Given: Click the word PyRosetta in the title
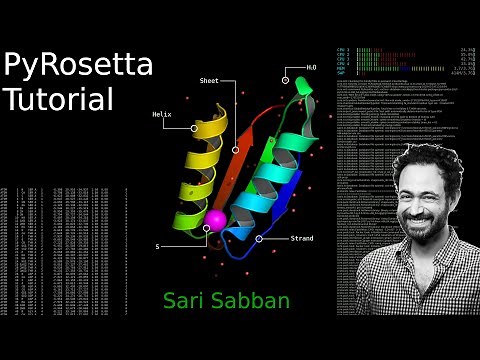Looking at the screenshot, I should point(78,67).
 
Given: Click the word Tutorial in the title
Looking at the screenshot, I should point(59,100).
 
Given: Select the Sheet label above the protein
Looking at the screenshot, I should point(209,80).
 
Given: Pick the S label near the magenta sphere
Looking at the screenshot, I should point(157,245).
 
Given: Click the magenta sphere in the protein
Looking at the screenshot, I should point(215,219).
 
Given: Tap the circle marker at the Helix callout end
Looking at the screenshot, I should point(194,128).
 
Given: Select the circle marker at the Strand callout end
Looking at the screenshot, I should point(259,239).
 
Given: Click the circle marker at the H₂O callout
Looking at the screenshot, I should point(286,80).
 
